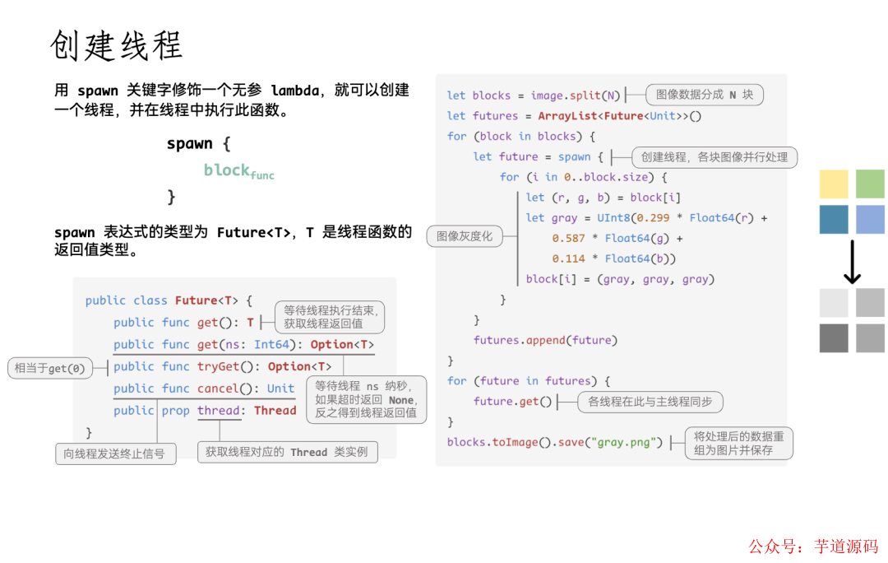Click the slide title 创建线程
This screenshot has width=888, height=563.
pyautogui.click(x=116, y=46)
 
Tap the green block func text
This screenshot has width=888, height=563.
pyautogui.click(x=238, y=171)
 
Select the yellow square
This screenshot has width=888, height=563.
pyautogui.click(x=833, y=184)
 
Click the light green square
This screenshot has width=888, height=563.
pyautogui.click(x=870, y=184)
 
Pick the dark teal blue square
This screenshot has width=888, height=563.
pyautogui.click(x=833, y=220)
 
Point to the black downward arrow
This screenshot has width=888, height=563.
pyautogui.click(x=853, y=262)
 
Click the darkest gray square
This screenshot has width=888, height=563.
pyautogui.click(x=833, y=338)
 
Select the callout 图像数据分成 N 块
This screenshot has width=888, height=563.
pyautogui.click(x=705, y=95)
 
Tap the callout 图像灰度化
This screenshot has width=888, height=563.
pyautogui.click(x=465, y=236)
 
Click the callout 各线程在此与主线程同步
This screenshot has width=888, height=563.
pyautogui.click(x=650, y=402)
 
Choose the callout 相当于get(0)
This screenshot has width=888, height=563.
pyautogui.click(x=50, y=368)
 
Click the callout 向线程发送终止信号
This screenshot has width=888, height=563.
pyautogui.click(x=115, y=454)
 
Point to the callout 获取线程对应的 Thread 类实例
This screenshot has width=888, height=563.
pyautogui.click(x=287, y=451)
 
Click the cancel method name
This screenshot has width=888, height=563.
pyautogui.click(x=218, y=389)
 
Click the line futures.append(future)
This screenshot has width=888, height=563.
pyautogui.click(x=545, y=340)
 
